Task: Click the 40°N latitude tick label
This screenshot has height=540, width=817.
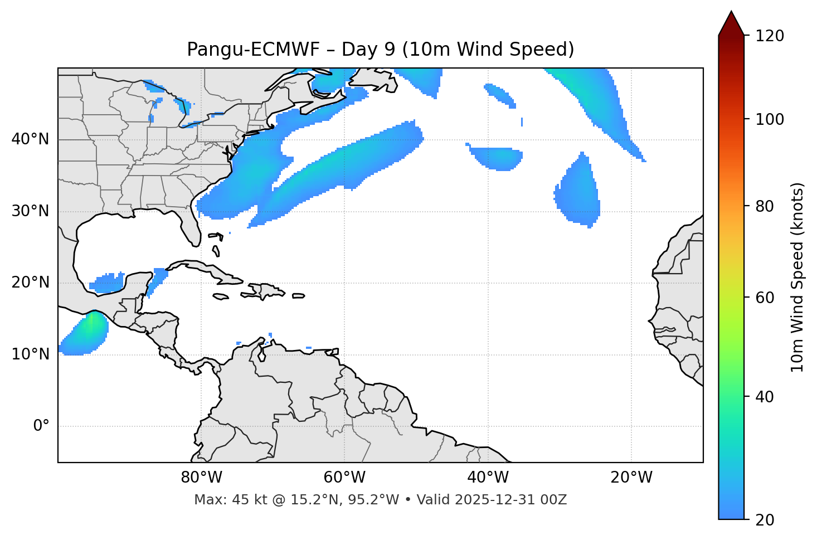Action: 30,139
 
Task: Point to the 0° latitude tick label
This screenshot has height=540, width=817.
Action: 41,426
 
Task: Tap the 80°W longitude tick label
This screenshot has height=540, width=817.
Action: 201,478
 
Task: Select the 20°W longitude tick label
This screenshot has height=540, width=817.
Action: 631,478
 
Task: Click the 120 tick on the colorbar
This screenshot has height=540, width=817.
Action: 770,36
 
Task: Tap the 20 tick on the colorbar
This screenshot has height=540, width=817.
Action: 765,520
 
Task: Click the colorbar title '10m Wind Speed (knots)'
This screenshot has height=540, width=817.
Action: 797,277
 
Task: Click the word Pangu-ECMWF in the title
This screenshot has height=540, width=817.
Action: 253,50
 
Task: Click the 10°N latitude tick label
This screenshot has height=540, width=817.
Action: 30,354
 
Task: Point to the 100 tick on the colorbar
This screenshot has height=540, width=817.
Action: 770,119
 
